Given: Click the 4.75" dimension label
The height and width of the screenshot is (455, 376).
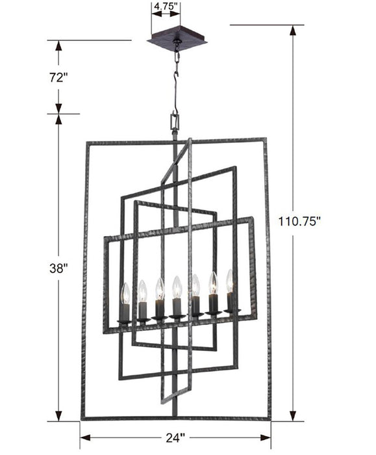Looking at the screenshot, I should (166, 8).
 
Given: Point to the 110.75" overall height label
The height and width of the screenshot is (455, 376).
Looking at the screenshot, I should (300, 221).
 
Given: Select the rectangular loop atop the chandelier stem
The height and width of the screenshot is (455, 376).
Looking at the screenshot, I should (174, 122).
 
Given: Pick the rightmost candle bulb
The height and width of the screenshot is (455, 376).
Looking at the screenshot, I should (229, 281).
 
